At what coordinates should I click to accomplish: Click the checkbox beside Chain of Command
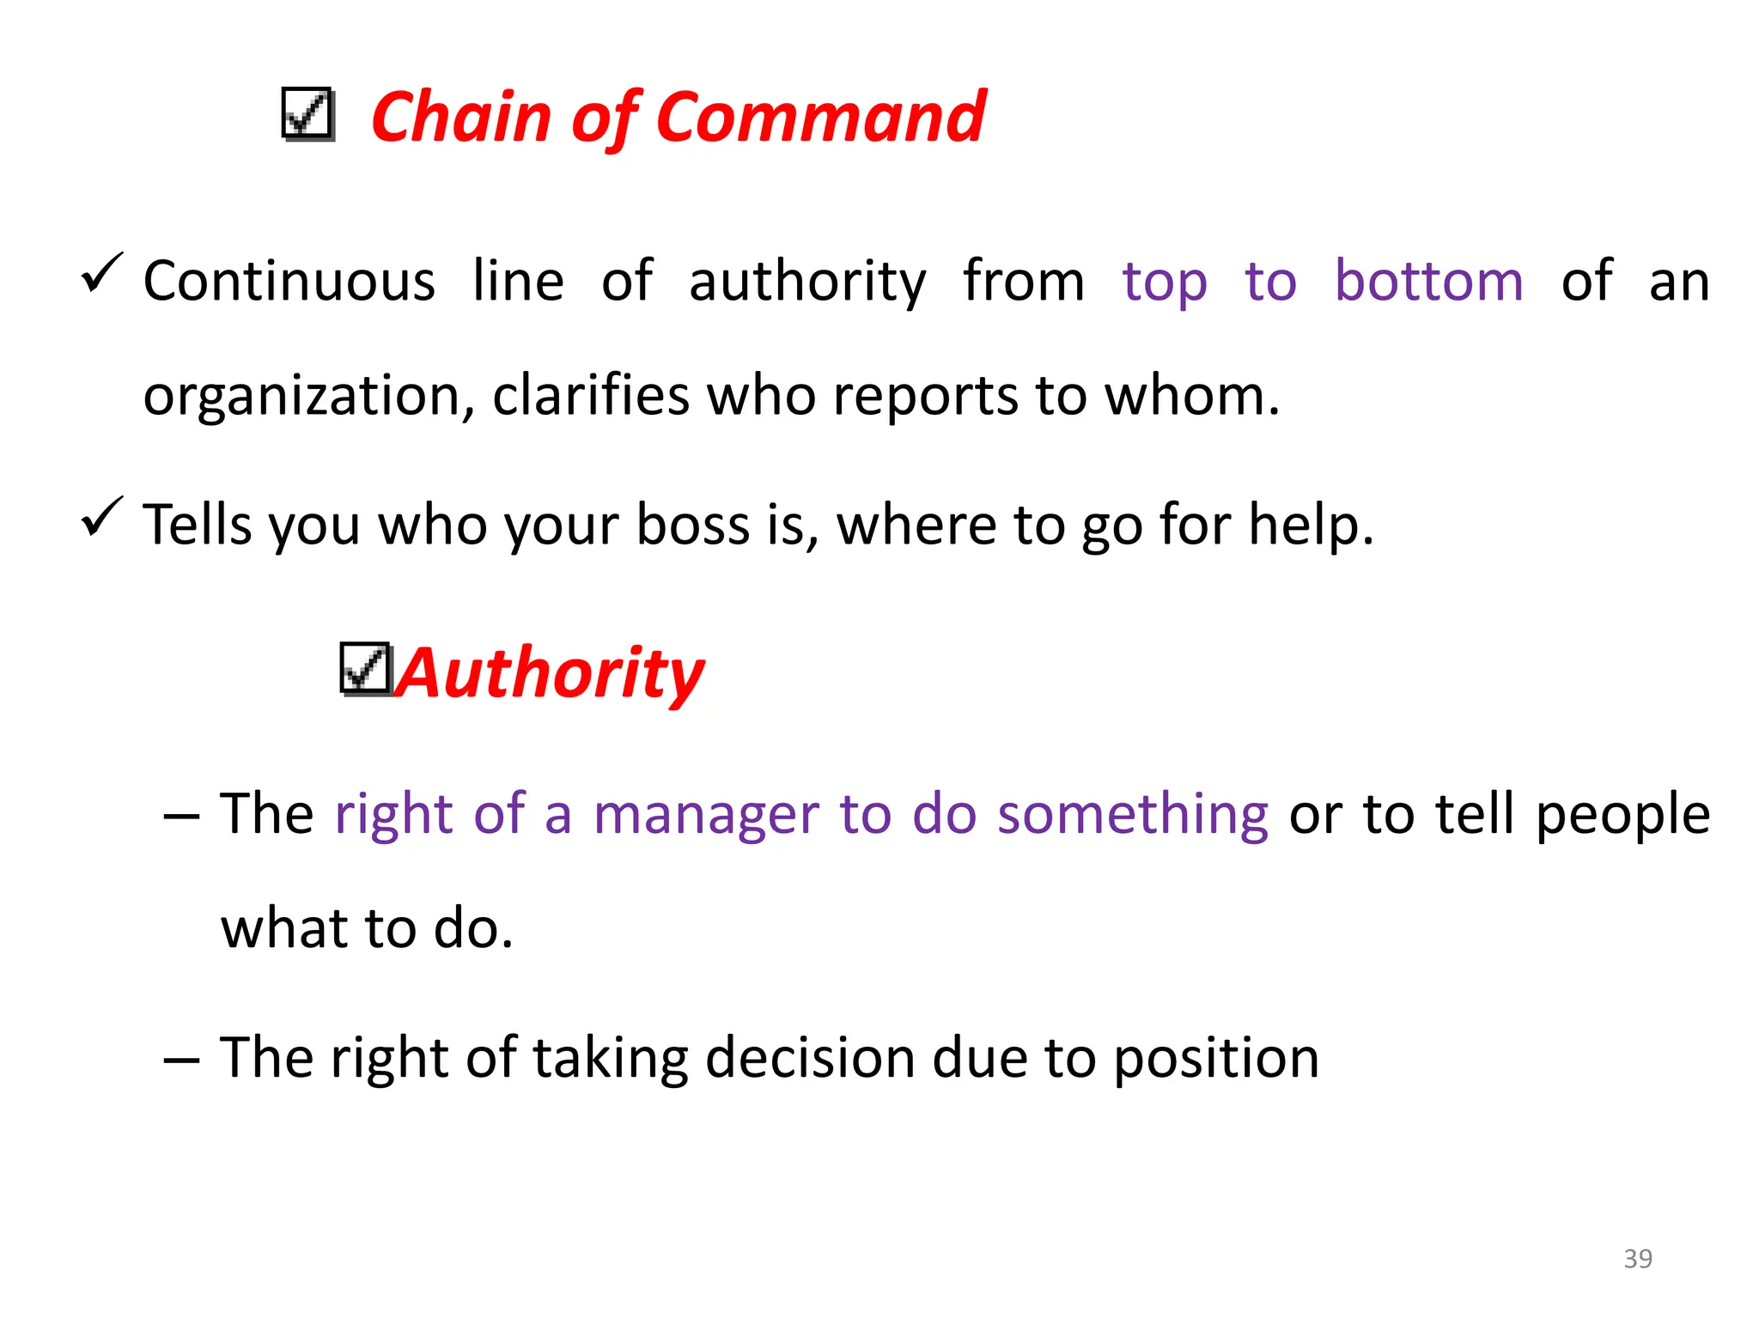coord(307,114)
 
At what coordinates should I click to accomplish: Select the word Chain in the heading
coord(460,118)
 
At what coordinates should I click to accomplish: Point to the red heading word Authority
coord(551,674)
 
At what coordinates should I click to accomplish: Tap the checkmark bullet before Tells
coord(102,517)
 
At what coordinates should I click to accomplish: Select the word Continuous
coord(289,281)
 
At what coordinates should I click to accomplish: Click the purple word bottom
coord(1428,281)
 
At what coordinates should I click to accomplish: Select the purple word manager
coord(706,815)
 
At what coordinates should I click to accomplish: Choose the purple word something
coord(1132,815)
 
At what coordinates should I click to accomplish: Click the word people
coord(1622,815)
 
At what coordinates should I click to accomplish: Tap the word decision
coord(810,1057)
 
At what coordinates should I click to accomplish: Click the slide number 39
coord(1637,1258)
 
